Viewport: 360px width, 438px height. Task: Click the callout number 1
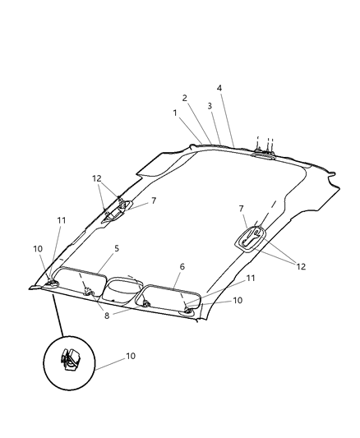175,112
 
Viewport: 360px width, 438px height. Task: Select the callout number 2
184,98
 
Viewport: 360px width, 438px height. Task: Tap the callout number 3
210,106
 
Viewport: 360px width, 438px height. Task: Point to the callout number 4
219,88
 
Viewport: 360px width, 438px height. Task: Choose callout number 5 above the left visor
117,247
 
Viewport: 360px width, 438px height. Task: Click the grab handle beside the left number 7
115,210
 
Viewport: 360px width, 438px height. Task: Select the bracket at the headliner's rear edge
262,150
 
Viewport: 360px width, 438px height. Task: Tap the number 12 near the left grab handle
97,178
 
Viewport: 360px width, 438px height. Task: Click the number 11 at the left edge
62,220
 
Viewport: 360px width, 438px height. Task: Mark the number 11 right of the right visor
251,279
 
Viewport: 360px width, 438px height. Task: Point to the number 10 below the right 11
238,300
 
